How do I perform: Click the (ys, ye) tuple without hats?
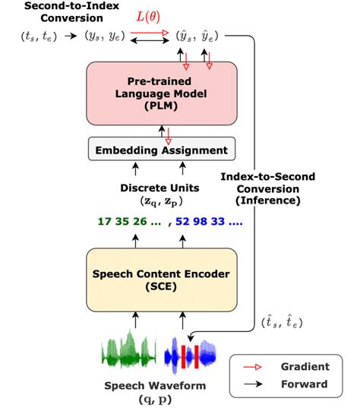point(106,35)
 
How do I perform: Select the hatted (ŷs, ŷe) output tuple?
point(197,35)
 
